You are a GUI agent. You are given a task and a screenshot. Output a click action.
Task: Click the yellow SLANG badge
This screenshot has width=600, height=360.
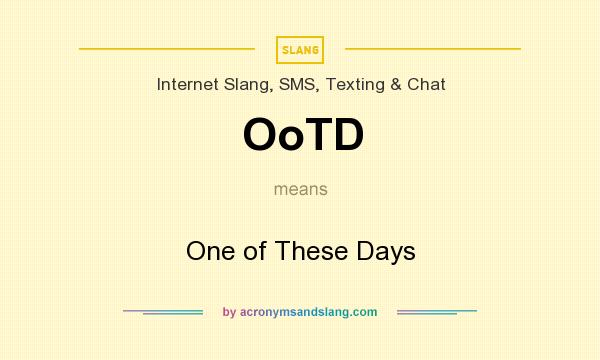pos(300,50)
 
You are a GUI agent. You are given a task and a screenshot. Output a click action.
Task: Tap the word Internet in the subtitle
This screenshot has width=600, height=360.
pos(188,84)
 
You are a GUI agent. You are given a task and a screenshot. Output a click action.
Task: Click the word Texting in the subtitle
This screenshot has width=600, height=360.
pos(355,85)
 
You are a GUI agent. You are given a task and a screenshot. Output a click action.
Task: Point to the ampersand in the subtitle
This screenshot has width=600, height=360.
pos(396,85)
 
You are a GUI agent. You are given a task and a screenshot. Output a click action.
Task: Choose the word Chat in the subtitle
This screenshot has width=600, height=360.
pos(426,84)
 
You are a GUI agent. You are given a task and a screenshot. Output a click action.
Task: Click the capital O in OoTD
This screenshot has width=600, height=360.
pos(260,134)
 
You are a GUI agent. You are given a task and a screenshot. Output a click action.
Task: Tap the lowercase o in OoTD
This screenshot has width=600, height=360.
pos(292,138)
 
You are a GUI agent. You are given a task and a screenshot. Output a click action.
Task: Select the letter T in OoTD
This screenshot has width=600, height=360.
pos(320,134)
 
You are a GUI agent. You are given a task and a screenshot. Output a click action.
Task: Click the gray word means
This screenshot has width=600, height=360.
pos(301,189)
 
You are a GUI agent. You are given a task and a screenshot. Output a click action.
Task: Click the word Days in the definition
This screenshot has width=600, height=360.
pos(386,252)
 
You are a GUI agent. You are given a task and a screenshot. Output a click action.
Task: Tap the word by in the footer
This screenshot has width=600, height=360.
pos(230,312)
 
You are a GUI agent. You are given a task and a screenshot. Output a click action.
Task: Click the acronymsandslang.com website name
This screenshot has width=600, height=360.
pos(308,312)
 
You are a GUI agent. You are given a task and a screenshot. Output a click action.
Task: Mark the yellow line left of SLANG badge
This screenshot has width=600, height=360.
pos(167,49)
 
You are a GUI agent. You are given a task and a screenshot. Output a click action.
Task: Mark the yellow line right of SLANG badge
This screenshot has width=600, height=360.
pos(433,49)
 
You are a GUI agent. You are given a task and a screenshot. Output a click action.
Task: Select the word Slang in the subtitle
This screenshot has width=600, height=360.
pos(248,85)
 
